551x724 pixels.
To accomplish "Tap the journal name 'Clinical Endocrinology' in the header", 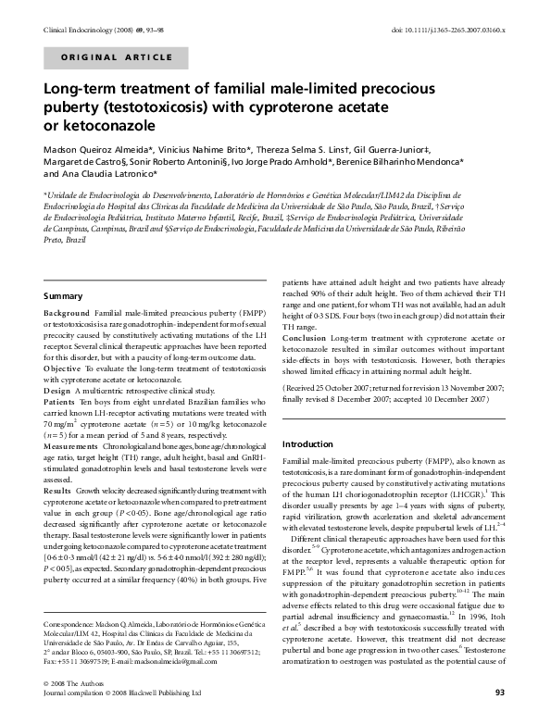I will [78, 29].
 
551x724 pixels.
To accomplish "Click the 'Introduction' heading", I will [307, 443].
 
